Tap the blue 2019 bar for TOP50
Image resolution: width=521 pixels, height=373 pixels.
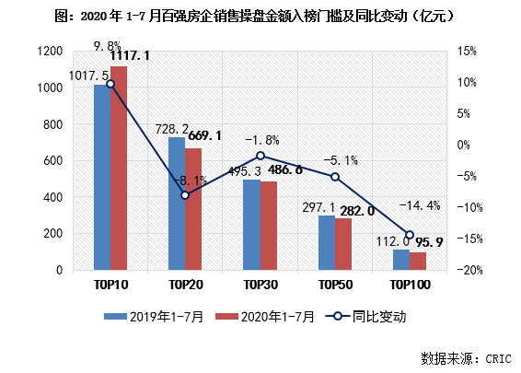point(327,243)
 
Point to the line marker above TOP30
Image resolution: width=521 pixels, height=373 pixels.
point(260,156)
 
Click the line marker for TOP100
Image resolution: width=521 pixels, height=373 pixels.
point(411,235)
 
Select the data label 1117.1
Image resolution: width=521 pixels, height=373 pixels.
point(131,57)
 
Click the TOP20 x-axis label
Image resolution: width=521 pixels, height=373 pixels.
point(185,286)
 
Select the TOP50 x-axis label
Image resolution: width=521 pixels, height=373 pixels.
point(335,286)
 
